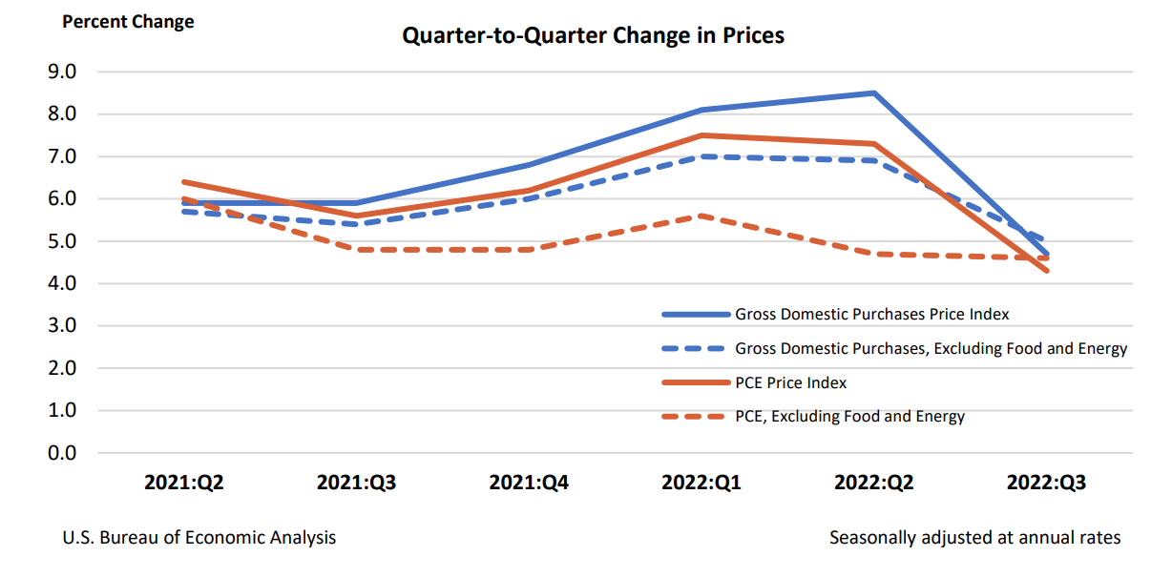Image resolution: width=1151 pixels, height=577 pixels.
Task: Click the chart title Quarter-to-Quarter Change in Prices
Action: tap(593, 35)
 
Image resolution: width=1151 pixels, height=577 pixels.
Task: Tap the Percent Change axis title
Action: tap(128, 21)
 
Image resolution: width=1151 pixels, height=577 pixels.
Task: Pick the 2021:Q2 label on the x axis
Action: tap(184, 483)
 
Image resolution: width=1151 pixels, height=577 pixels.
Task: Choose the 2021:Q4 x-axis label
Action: tap(529, 483)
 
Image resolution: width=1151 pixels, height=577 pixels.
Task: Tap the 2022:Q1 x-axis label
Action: tap(701, 483)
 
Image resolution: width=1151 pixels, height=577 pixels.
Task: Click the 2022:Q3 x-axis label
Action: tap(1046, 483)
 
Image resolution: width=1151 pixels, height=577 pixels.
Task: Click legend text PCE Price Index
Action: tap(790, 382)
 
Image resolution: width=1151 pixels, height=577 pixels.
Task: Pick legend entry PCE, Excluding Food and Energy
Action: tap(849, 417)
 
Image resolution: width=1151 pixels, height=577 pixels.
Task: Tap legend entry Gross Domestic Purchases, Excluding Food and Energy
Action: tap(931, 348)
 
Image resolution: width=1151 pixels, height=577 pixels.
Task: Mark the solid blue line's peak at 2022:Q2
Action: tap(873, 93)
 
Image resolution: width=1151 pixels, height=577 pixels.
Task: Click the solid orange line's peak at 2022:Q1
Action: tap(701, 135)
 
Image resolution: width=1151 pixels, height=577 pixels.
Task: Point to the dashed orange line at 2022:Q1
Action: tap(701, 216)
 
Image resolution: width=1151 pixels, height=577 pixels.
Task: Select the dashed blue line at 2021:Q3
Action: tap(356, 224)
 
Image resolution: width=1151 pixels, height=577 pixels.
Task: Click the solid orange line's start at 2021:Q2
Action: tap(183, 181)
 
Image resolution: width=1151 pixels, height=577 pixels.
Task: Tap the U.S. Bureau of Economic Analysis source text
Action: tap(199, 538)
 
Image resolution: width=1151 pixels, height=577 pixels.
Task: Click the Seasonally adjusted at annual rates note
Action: tap(974, 538)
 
